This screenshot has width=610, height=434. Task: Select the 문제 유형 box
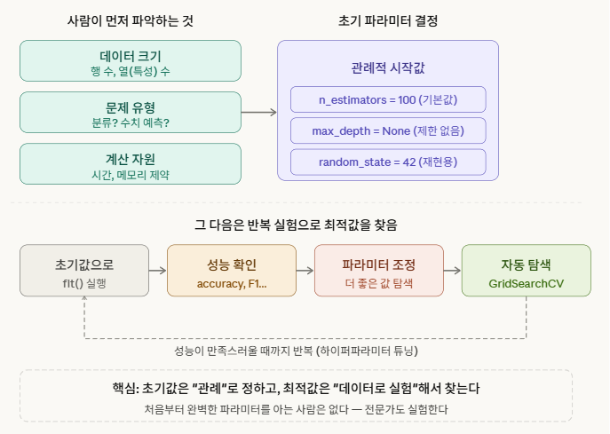click(x=131, y=113)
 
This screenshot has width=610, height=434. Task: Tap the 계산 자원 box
click(x=131, y=165)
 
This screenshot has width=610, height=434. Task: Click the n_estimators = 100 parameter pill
click(x=388, y=99)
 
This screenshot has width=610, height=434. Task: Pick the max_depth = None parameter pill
click(x=388, y=131)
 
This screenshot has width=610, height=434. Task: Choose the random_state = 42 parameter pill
click(x=388, y=162)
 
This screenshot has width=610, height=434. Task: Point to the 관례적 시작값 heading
click(x=388, y=67)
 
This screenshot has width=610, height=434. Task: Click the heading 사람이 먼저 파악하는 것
click(x=131, y=20)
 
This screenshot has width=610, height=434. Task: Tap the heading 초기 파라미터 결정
click(x=388, y=20)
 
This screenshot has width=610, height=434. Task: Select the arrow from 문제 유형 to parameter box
click(x=259, y=113)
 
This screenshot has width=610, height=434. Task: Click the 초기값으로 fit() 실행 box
click(x=84, y=271)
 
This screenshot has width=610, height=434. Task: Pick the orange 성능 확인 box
click(x=231, y=271)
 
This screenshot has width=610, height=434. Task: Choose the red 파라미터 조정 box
click(x=378, y=271)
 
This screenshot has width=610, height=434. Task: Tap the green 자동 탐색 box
click(x=526, y=271)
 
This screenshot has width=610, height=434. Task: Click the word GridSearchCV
click(x=526, y=284)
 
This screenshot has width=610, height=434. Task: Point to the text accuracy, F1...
click(x=231, y=284)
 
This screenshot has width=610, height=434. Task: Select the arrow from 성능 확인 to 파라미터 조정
click(x=305, y=271)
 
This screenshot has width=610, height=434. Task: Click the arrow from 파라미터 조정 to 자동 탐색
click(x=452, y=271)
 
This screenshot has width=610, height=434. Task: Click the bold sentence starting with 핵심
click(x=296, y=389)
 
